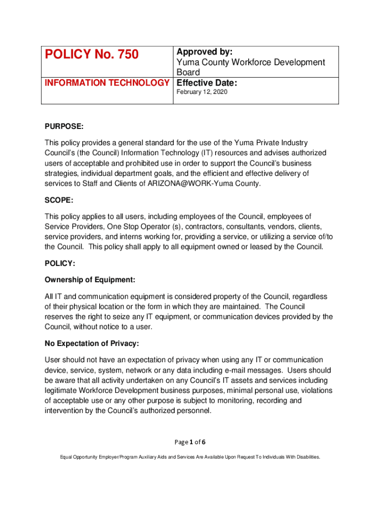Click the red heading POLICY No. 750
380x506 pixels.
tap(91, 54)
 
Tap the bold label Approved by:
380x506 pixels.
tap(204, 52)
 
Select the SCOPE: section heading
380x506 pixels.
tap(59, 200)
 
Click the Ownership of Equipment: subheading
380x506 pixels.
tap(90, 280)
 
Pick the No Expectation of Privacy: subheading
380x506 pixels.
tap(92, 343)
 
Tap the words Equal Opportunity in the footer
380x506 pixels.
tap(79, 457)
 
